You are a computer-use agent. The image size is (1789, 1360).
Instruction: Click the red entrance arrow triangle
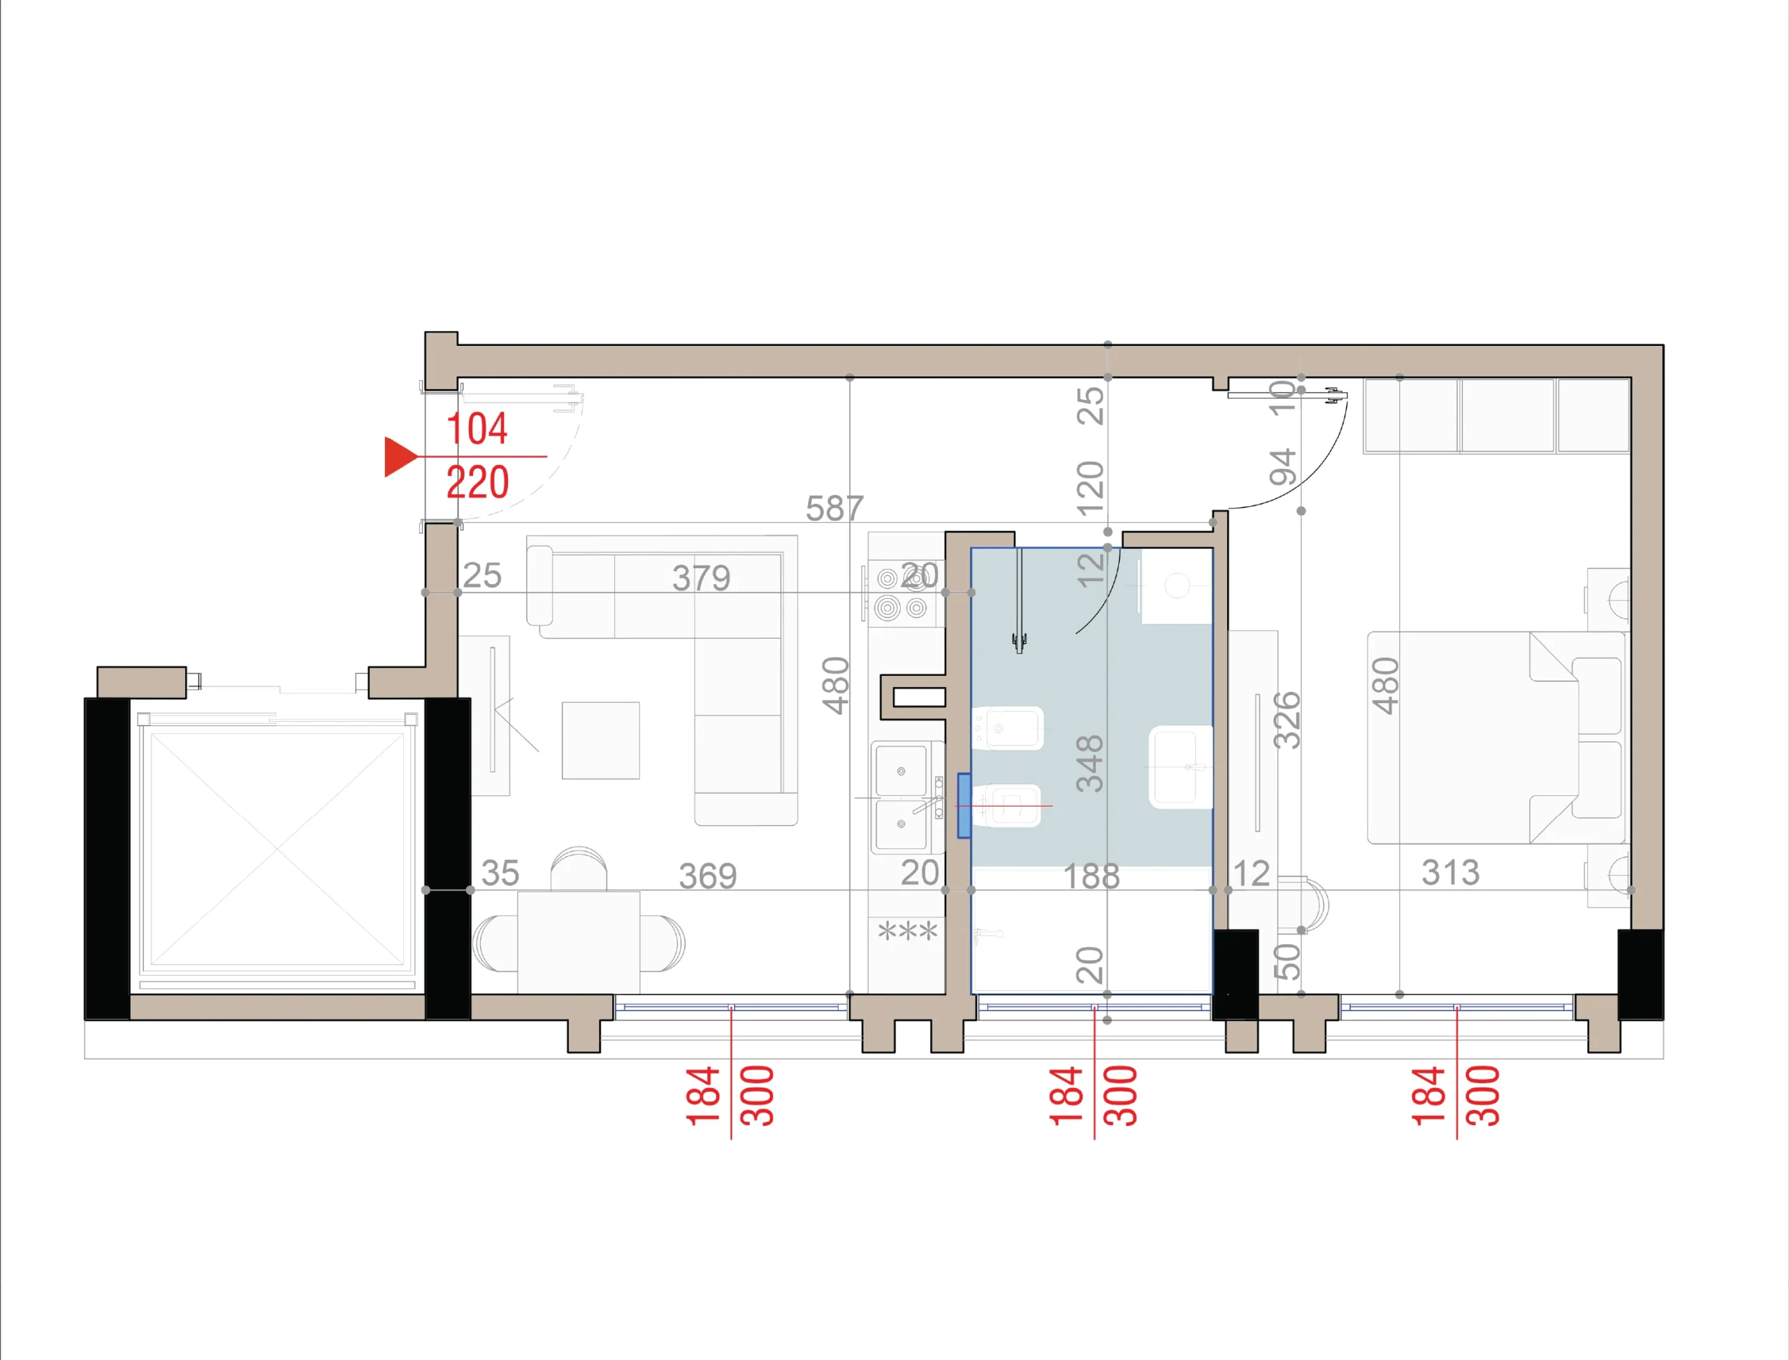(x=399, y=456)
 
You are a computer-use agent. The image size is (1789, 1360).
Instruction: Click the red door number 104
(x=477, y=428)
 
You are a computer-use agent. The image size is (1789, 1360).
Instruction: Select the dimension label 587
(x=834, y=508)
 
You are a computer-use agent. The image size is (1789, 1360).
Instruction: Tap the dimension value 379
(x=701, y=578)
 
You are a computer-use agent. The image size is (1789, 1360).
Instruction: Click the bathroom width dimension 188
(x=1091, y=876)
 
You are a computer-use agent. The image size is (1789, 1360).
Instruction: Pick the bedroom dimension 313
(x=1451, y=873)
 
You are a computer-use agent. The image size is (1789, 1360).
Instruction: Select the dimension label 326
(x=1287, y=720)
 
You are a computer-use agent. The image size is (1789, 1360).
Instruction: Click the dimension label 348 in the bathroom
(x=1089, y=763)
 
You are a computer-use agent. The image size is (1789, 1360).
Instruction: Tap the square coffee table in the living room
(x=601, y=740)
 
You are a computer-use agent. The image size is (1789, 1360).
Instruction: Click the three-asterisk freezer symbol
(x=908, y=932)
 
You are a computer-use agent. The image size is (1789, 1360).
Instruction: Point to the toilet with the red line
(x=1006, y=806)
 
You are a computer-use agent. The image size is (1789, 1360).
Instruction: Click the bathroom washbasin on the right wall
(x=1180, y=767)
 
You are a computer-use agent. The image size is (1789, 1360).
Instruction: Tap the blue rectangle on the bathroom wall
(x=964, y=806)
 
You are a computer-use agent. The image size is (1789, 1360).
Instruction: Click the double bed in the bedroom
(x=1497, y=737)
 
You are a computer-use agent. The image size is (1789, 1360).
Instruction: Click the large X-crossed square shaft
(x=277, y=849)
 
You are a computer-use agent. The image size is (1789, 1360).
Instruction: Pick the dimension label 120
(x=1090, y=488)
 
